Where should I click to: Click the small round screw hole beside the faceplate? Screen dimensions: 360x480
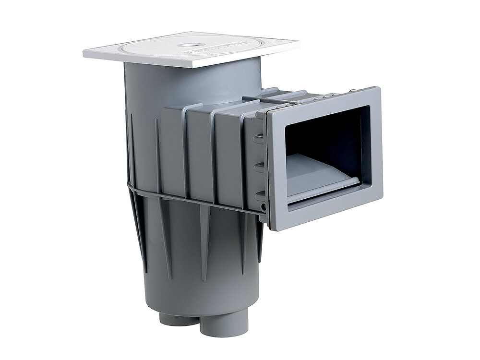263,207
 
